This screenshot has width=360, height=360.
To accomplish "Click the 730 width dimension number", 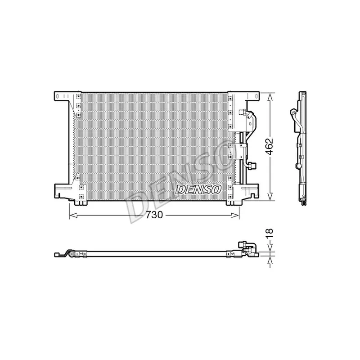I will pos(153,215).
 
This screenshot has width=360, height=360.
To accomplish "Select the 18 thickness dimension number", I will pos(269,233).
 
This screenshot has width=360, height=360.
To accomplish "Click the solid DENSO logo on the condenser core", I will pos(198,189).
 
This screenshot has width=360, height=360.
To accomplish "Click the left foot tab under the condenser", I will pos(80,202).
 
